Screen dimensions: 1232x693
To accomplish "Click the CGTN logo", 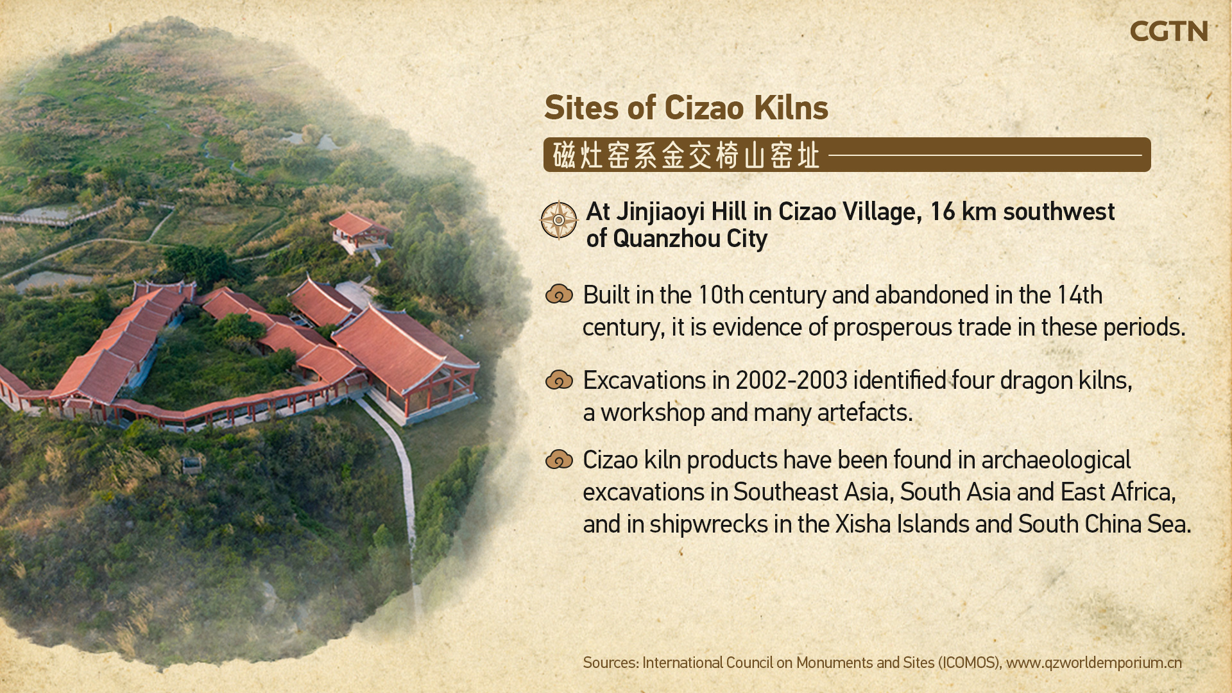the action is [x=1168, y=31].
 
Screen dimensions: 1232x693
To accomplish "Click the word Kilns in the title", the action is [x=791, y=108].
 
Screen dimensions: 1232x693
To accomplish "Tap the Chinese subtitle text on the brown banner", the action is [x=686, y=155].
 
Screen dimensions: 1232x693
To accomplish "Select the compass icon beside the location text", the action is [x=559, y=220].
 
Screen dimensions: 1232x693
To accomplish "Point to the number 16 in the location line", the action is [x=942, y=212].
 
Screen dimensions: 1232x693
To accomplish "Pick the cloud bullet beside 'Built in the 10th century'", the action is [x=559, y=294].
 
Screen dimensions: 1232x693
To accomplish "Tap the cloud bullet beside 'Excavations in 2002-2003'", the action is [x=559, y=380].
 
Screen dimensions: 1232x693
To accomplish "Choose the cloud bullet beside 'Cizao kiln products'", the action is [x=559, y=459].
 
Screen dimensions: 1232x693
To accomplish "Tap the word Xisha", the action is [x=862, y=524].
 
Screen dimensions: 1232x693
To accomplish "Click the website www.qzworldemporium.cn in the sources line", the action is [x=1093, y=663].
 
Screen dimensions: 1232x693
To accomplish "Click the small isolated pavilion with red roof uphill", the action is [x=359, y=231].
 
